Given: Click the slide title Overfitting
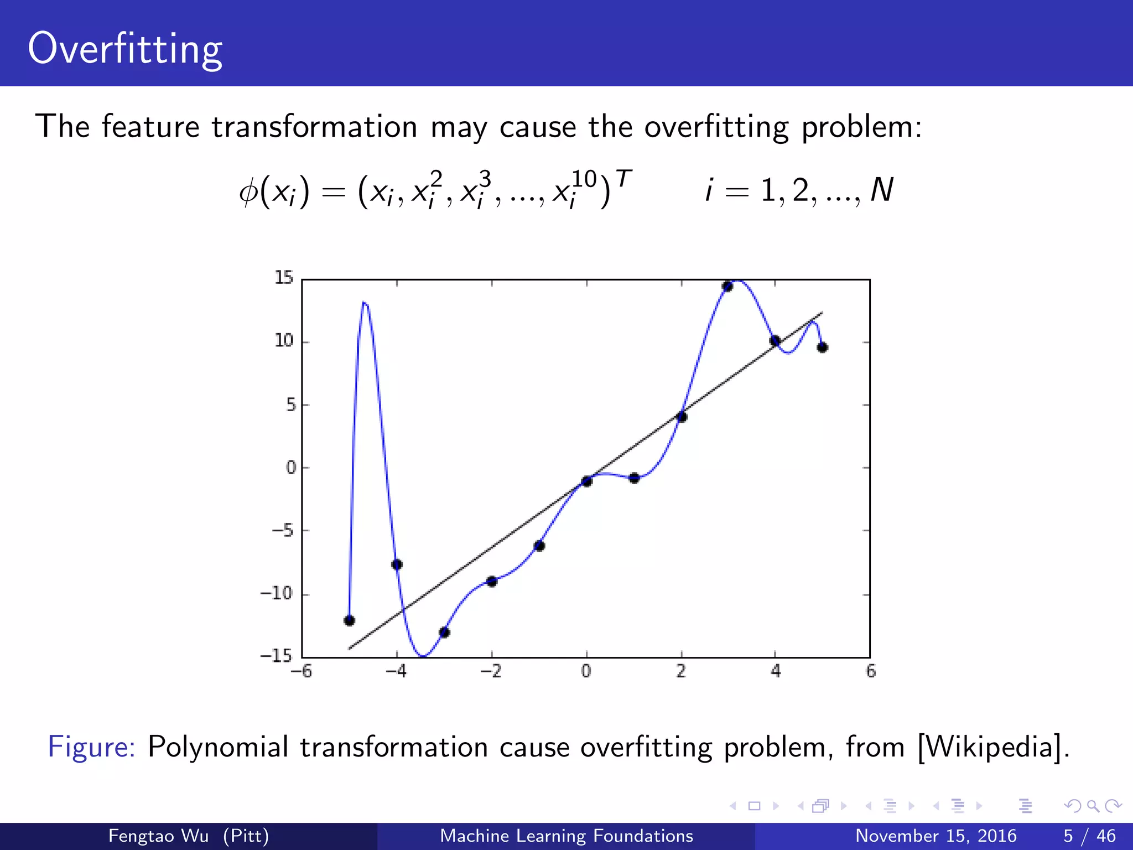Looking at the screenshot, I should tap(125, 50).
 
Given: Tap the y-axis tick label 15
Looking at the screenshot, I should tap(284, 278).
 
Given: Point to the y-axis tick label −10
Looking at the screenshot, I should tap(276, 594).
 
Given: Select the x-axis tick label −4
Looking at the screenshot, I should tap(396, 672).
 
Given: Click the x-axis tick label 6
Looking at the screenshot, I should tap(871, 672).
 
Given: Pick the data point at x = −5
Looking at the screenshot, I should tap(349, 620).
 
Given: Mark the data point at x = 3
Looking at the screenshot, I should tap(727, 286).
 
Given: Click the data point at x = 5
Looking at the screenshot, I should tap(822, 348).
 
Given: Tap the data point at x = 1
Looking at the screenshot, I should tap(634, 478).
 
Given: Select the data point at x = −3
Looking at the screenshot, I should tap(444, 632).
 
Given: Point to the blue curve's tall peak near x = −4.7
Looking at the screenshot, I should tap(364, 303).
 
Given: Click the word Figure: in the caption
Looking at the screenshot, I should tap(91, 747).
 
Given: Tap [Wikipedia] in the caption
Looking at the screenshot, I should tap(993, 747).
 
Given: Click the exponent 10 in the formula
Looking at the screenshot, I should tap(584, 179).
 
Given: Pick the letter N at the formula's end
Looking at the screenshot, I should tap(881, 190).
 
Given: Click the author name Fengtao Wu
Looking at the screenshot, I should tap(158, 836).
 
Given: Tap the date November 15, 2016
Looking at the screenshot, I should tap(935, 836).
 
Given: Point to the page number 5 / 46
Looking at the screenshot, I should tap(1089, 836).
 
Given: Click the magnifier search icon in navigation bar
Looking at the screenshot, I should tap(1093, 806).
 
